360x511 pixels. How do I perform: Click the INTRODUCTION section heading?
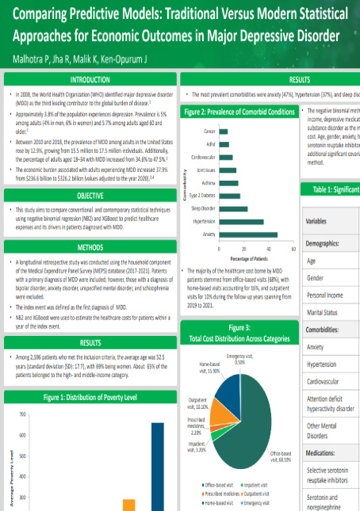click(90, 80)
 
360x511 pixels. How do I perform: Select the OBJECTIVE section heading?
click(90, 195)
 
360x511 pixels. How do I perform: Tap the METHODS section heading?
click(90, 247)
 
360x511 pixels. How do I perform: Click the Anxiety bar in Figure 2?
click(249, 235)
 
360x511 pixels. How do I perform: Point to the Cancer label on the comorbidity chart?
click(210, 131)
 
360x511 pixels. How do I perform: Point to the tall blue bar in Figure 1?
click(158, 467)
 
